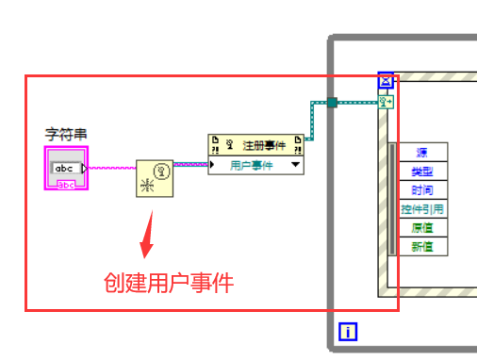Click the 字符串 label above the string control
[x=67, y=135]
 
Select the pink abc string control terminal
[x=67, y=169]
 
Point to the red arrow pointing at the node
[x=146, y=236]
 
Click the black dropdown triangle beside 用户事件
[x=296, y=164]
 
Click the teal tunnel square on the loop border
[x=332, y=102]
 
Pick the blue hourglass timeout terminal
[x=386, y=81]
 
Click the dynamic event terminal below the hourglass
[x=386, y=101]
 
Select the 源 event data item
[x=422, y=152]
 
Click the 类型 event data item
[x=422, y=171]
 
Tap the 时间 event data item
[x=422, y=189]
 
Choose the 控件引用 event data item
[x=422, y=208]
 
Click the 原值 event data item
[x=422, y=227]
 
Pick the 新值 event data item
[x=422, y=246]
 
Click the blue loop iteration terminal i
[x=348, y=331]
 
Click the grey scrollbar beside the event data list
[x=392, y=198]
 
